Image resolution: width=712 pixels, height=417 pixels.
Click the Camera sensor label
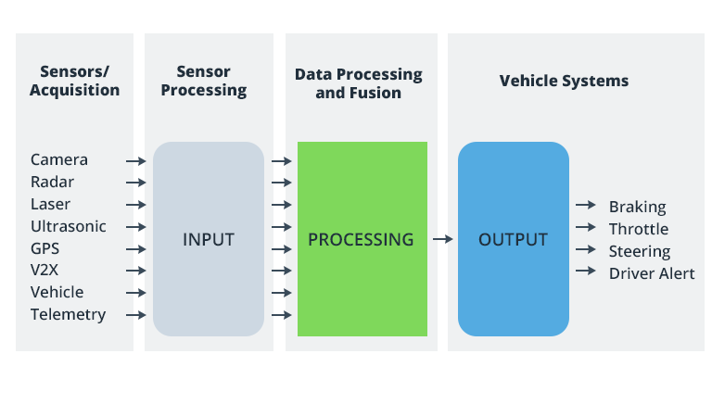coord(59,160)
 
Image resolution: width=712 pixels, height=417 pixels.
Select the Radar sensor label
coord(52,183)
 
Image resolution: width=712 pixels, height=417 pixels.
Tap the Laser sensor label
coord(50,205)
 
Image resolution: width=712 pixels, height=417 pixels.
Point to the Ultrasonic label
coord(68,226)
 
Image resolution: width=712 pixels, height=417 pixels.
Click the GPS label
coord(45,248)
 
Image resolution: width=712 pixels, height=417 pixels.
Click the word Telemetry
coord(68,315)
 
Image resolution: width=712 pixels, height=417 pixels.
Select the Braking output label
coord(637,208)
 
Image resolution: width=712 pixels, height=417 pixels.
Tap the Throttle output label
coord(638,230)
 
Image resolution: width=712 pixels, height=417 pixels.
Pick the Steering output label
coord(639,252)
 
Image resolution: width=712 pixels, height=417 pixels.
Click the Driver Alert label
coord(651,274)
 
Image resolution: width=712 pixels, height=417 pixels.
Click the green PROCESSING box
coord(362,239)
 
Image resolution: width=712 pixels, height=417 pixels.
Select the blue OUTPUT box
coord(513,239)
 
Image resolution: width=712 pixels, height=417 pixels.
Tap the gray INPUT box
coord(209,239)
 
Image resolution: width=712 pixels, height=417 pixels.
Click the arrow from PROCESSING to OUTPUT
coord(442,239)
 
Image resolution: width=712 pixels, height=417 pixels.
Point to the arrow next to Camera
coord(136,161)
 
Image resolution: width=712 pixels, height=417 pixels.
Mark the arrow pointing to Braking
coord(585,205)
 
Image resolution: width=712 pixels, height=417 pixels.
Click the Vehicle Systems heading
coord(564,81)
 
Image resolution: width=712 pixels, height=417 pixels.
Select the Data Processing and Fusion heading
coord(358,83)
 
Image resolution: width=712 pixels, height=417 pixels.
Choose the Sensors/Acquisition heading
coord(74,81)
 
